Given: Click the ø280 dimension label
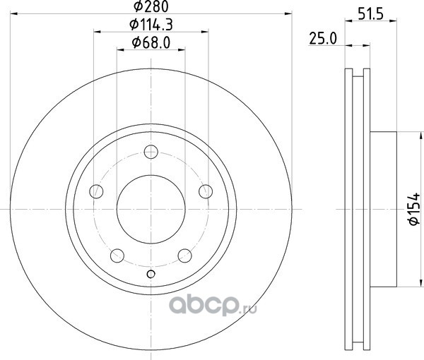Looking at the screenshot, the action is tap(151, 6).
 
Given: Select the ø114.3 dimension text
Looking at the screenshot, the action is tap(151, 25).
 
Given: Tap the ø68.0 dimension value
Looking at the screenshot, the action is tap(151, 42).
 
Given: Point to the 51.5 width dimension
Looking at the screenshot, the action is tap(371, 14).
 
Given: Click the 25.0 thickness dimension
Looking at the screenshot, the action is tap(323, 39).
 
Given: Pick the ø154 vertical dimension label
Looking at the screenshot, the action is tap(413, 209).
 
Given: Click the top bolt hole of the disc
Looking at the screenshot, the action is tap(151, 152).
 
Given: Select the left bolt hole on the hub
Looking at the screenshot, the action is tap(96, 191).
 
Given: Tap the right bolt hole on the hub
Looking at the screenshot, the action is tap(206, 191).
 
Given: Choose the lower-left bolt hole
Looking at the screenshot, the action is tap(117, 256).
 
